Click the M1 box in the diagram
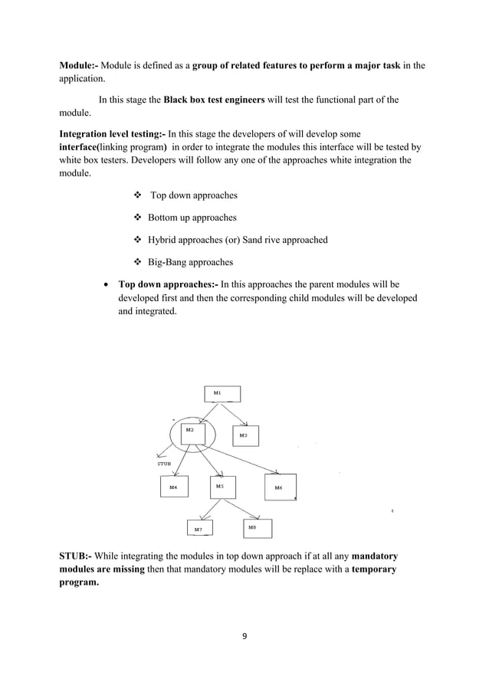(222, 394)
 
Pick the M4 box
(174, 487)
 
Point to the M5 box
(222, 487)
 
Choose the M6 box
(278, 487)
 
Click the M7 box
(199, 528)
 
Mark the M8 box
(257, 528)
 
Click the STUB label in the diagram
(164, 463)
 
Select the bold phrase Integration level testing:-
(112, 133)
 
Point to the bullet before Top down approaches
(139, 195)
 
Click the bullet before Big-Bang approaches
(139, 262)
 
